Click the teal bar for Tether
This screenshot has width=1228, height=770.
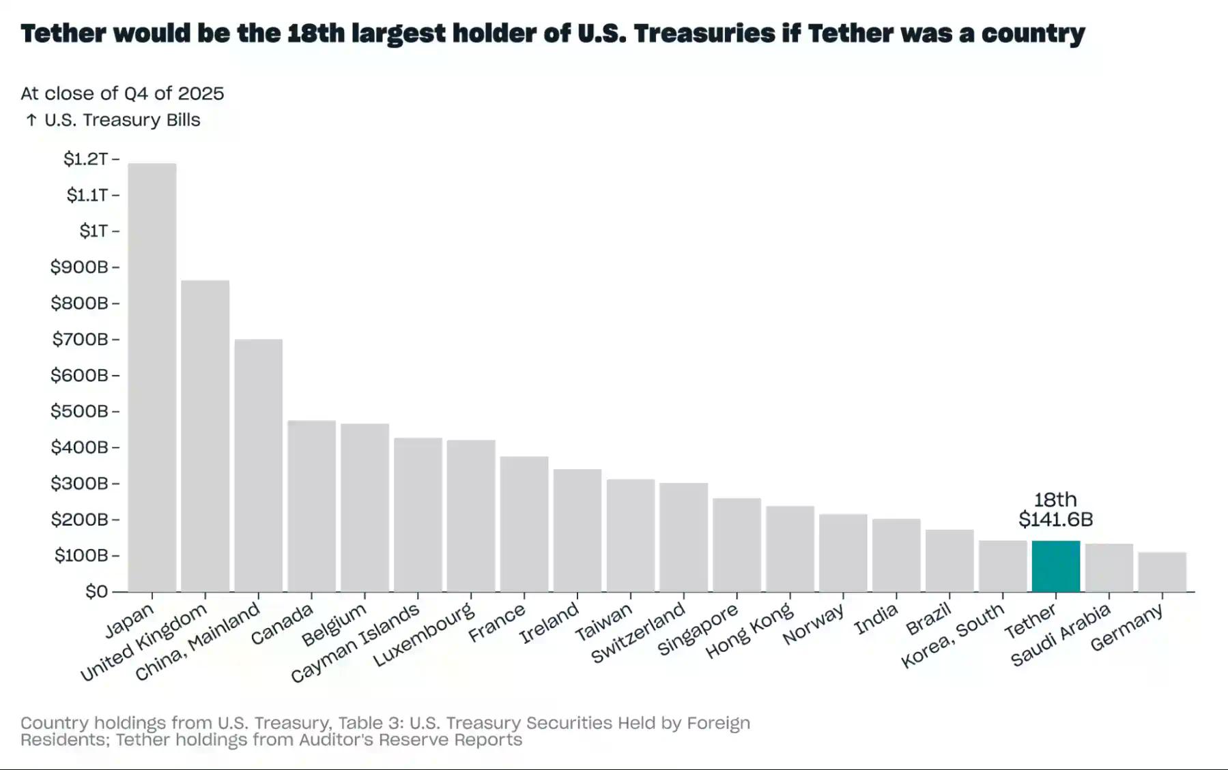click(x=1055, y=566)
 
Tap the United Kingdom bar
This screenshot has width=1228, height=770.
click(x=205, y=436)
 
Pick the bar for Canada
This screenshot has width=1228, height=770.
click(x=311, y=506)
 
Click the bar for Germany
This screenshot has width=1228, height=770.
click(x=1162, y=572)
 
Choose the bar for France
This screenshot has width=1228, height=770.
click(x=524, y=524)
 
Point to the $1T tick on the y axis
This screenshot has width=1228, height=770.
click(x=94, y=231)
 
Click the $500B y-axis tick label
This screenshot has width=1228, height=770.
click(x=79, y=411)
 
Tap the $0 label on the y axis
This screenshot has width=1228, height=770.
click(x=96, y=591)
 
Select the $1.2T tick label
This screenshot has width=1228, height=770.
click(x=85, y=159)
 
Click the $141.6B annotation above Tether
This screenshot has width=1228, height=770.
click(x=1055, y=520)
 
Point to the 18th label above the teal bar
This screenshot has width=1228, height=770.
click(x=1055, y=500)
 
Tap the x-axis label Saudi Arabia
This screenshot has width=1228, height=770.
click(x=1060, y=636)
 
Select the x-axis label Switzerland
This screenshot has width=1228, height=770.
click(x=638, y=633)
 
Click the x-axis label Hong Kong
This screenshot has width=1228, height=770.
click(x=749, y=631)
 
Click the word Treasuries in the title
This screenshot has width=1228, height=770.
click(x=703, y=33)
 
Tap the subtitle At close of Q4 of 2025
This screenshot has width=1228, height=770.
click(x=122, y=93)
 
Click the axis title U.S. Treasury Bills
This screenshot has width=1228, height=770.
click(x=122, y=120)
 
